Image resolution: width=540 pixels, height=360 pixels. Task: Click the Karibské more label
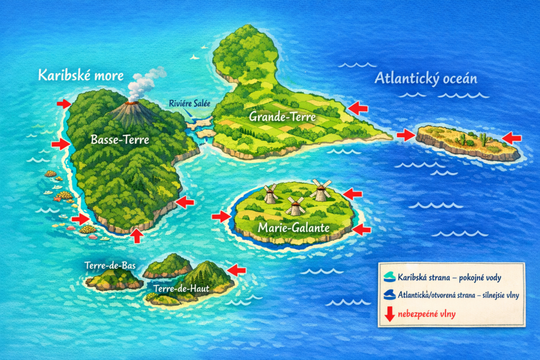pos(81,75)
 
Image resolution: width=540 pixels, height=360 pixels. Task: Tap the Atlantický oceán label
pos(426,79)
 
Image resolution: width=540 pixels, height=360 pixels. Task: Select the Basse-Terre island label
pos(120,140)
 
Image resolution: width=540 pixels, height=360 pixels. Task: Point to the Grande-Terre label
pos(283,116)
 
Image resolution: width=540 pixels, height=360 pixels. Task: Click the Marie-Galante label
pos(294,228)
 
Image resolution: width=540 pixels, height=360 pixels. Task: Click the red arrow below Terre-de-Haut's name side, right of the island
pos(237,270)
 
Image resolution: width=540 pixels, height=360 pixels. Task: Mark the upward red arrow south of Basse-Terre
pos(137,235)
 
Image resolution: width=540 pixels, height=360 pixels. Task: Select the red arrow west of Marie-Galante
pos(221,216)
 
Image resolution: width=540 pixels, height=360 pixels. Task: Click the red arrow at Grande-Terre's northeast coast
pos(359,108)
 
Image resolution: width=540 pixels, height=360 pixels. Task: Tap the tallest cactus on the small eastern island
pos(482,139)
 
